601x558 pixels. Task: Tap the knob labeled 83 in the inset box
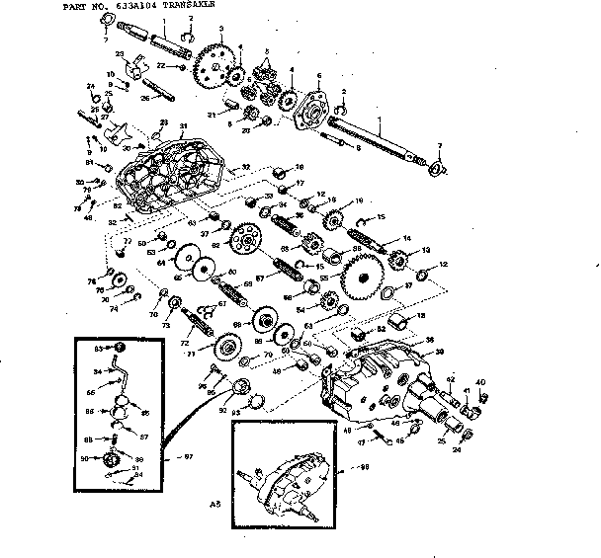(118, 348)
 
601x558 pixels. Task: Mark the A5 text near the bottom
(215, 504)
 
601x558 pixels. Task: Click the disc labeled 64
(183, 263)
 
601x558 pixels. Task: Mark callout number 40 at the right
(482, 382)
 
